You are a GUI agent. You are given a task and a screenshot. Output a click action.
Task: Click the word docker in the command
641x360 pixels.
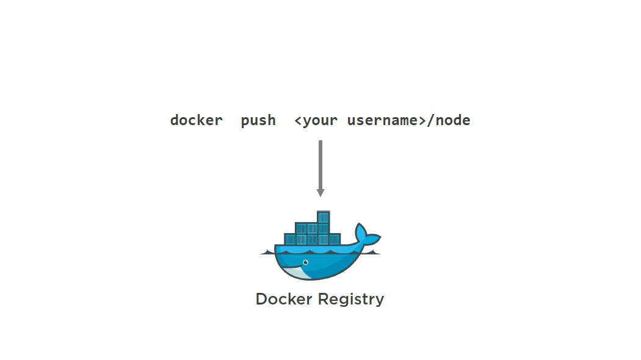click(x=196, y=120)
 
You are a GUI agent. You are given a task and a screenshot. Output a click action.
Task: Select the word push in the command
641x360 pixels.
click(x=258, y=120)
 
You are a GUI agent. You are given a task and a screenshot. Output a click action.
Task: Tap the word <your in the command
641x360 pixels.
click(x=316, y=120)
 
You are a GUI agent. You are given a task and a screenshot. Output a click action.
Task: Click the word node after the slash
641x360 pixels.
click(x=453, y=120)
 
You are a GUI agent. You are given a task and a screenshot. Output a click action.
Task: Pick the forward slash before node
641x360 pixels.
click(x=430, y=120)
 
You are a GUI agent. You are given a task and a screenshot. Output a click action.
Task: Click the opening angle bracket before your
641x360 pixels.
click(x=298, y=120)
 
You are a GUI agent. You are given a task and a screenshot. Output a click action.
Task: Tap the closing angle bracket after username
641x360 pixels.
click(x=422, y=120)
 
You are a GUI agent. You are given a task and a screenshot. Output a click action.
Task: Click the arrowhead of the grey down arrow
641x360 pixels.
click(x=320, y=193)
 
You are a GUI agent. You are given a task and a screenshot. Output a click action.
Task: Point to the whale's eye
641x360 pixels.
click(x=305, y=262)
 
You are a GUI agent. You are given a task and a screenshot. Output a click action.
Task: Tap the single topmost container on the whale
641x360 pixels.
click(x=324, y=217)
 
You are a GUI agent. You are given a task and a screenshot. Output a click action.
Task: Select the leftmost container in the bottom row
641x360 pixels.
click(x=289, y=240)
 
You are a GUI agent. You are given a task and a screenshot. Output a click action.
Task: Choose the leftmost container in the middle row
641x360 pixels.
click(x=300, y=228)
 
